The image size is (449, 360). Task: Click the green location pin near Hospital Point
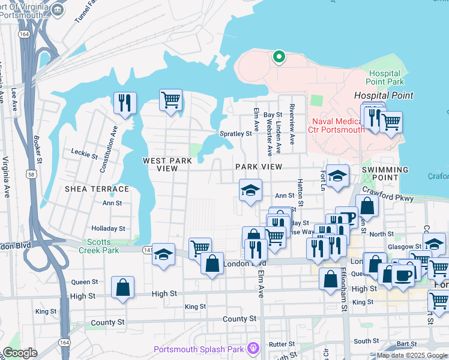pos(279,58)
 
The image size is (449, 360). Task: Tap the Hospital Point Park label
pos(384,77)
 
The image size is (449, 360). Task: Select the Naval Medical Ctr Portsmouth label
pos(337,125)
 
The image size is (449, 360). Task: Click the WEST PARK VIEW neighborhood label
pos(167,164)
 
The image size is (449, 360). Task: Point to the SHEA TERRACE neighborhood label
pos(97,189)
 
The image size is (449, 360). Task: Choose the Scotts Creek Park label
pos(98,245)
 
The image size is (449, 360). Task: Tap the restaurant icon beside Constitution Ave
pos(125,103)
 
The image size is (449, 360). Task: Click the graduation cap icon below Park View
pos(250,191)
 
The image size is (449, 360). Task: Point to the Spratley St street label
pos(235,134)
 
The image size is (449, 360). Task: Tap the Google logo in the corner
pos(20,353)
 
